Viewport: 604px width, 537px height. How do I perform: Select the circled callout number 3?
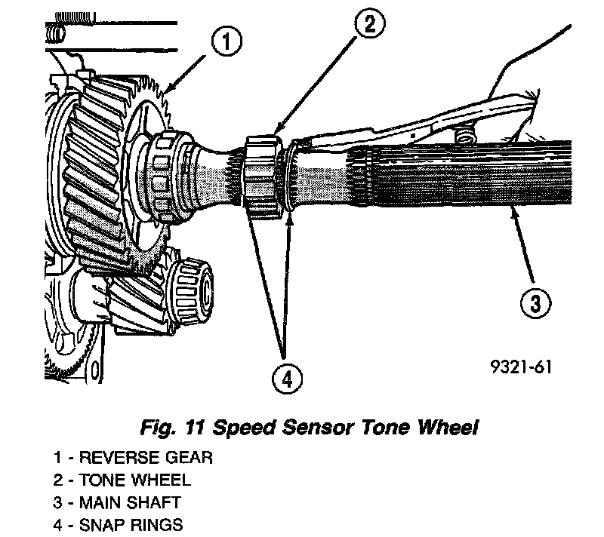point(534,305)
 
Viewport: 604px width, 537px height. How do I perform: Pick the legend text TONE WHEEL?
point(137,480)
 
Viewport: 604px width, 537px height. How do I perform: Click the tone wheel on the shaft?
point(261,174)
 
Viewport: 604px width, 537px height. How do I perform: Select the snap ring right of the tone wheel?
point(290,181)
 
